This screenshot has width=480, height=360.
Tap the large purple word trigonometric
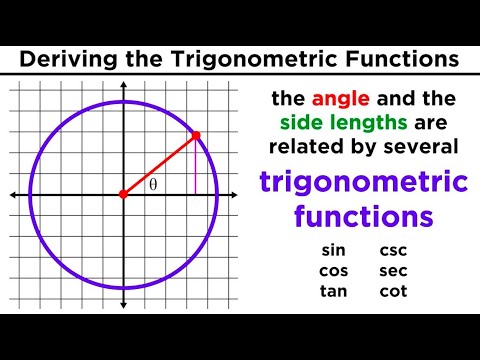pos(363,183)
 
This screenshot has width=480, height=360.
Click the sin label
pos(334,251)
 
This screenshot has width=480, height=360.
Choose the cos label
pos(334,271)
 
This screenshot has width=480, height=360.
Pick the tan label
pos(334,291)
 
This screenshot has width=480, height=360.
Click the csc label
pos(393,251)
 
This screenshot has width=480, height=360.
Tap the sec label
pos(393,271)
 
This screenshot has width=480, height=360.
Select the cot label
pos(393,291)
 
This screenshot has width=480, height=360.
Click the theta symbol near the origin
pos(153,185)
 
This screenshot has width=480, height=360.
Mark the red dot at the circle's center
pos(123,194)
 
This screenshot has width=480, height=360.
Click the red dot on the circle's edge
pos(196,135)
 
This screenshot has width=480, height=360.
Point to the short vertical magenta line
pos(196,165)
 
